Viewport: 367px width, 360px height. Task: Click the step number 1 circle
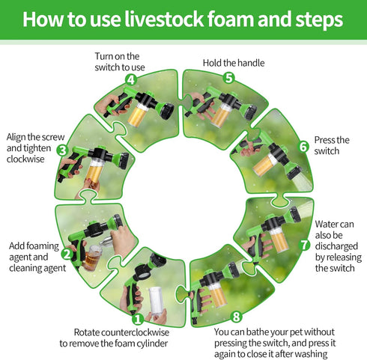138,319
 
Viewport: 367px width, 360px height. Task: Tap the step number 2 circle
67,254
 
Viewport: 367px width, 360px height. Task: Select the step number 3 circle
62,150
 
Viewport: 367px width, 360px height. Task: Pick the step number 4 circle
131,80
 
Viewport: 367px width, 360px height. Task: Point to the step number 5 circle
228,78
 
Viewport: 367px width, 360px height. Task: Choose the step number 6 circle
303,147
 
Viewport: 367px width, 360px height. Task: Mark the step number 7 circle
304,245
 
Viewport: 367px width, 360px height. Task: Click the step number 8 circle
236,317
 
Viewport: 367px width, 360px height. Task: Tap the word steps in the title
319,20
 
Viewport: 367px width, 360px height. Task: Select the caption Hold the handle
234,63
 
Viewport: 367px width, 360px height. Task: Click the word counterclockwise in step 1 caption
136,332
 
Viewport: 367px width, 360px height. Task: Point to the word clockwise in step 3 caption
25,159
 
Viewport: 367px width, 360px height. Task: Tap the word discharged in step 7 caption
336,246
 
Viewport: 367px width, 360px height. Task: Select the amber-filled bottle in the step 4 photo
137,115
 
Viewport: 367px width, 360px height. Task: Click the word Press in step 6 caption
325,140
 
